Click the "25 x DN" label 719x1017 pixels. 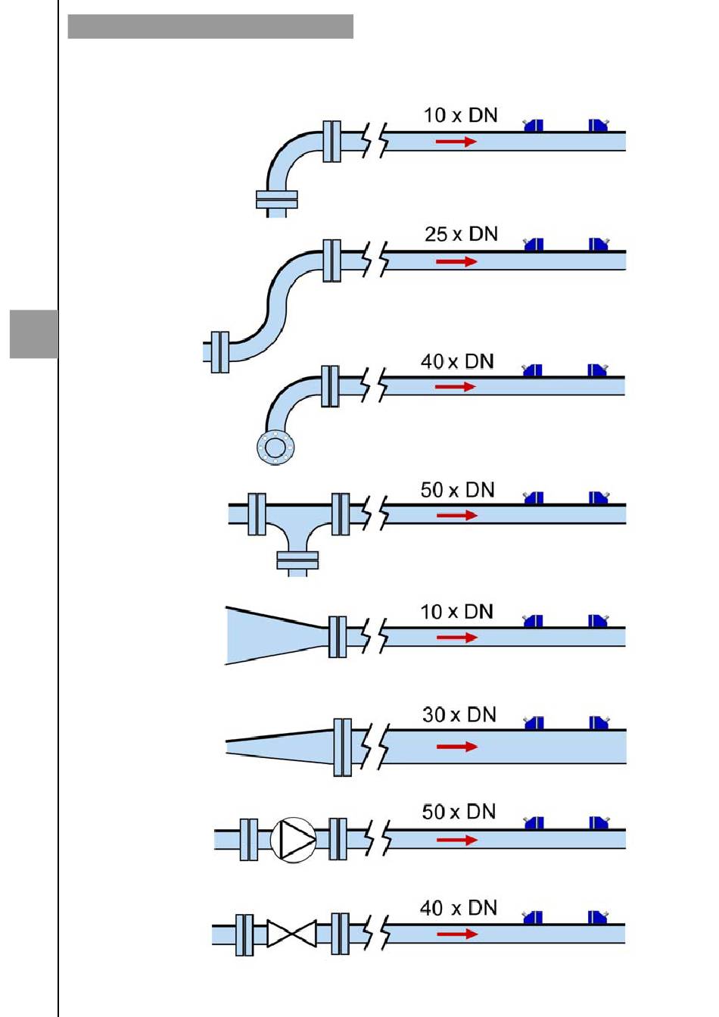461,234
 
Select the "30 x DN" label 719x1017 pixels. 459,714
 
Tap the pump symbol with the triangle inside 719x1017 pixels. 294,839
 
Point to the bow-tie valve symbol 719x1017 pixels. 291,934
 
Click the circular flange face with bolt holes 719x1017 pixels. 275,446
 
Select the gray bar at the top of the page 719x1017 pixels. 210,27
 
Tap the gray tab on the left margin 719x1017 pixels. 34,333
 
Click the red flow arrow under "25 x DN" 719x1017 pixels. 457,261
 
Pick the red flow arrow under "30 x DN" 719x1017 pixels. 457,747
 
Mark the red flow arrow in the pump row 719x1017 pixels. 457,840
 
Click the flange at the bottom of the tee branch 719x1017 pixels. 297,560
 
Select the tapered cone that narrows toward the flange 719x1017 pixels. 276,636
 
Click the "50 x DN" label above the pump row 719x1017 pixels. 459,812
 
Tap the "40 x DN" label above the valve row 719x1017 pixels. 459,907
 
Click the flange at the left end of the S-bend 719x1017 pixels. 219,351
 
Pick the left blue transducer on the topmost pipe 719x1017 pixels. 534,126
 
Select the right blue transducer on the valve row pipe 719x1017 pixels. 598,918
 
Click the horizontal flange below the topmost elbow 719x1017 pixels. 277,198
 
